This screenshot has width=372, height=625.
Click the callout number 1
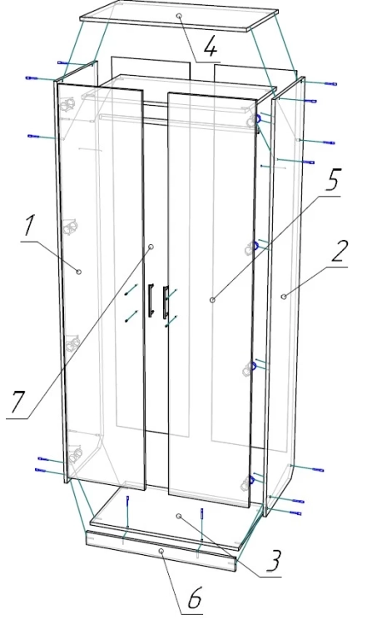[x=28, y=225]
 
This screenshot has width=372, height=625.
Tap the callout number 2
[x=339, y=251]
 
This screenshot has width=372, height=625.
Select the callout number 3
[x=273, y=561]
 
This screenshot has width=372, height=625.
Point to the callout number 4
[x=211, y=48]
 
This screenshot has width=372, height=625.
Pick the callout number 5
[x=332, y=180]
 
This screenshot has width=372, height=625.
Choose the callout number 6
[x=194, y=597]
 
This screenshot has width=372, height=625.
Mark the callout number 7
[x=18, y=402]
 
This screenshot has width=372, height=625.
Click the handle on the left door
[x=151, y=300]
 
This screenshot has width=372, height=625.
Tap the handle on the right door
[x=164, y=302]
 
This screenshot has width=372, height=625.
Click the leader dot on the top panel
[x=180, y=16]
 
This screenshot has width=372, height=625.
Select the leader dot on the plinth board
[x=161, y=551]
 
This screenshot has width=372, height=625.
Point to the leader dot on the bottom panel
[x=179, y=516]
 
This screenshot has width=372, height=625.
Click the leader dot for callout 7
[x=151, y=247]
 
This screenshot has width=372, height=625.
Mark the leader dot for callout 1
[x=79, y=272]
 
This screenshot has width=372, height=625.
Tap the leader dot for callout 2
[x=284, y=296]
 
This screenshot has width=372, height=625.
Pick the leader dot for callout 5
[x=212, y=299]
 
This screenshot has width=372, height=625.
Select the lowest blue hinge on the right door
[x=250, y=482]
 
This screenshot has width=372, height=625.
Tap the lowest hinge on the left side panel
[x=74, y=454]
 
